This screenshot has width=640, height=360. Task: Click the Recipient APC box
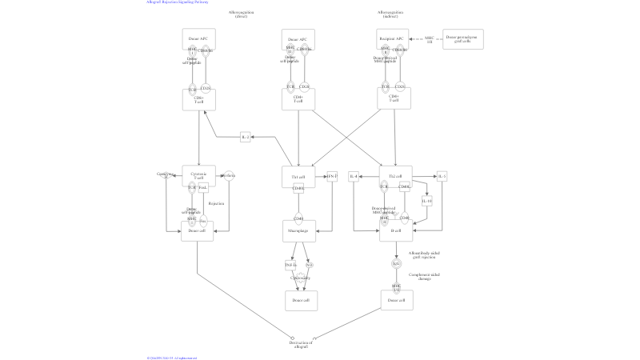coord(393,38)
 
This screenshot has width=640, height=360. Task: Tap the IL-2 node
coord(246,138)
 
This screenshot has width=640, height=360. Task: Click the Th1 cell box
coord(298,176)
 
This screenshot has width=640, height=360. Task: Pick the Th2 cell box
coord(395,176)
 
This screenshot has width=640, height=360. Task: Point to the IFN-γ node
coord(332,176)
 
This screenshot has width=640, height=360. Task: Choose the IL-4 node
coord(354,176)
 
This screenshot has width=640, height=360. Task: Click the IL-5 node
coord(442,176)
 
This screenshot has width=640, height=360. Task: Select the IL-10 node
coord(427,201)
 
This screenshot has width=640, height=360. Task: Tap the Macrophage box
coord(298,231)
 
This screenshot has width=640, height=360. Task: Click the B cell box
coord(395,231)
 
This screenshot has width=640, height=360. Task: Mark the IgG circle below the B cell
coord(396,263)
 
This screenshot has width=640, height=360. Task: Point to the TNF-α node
coord(290,265)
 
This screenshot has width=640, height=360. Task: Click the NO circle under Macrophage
coord(309,265)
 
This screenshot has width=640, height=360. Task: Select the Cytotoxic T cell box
coord(198,176)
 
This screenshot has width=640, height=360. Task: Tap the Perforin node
coord(229,176)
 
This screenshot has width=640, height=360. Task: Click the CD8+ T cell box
coord(198,100)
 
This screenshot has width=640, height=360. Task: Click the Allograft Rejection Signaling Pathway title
coord(178,2)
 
